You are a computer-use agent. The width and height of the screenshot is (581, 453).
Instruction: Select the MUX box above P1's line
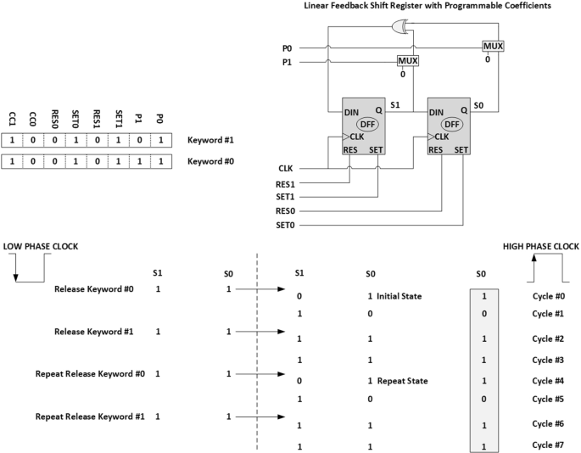[x=408, y=61]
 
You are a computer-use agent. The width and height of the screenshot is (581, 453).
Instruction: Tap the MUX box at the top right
[x=493, y=46]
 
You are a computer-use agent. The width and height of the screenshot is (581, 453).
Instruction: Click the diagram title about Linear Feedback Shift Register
[x=427, y=6]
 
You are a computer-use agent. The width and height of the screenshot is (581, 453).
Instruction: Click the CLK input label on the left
[x=286, y=169]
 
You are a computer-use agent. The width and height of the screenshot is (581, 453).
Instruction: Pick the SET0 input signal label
[x=288, y=226]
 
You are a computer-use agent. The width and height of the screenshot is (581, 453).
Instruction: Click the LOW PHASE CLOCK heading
[x=42, y=246]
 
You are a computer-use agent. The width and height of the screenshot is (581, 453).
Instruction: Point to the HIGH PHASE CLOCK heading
[x=539, y=246]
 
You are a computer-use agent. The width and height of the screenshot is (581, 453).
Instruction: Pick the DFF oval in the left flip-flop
[x=366, y=124]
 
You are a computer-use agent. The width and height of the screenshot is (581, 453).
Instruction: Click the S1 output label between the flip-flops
[x=394, y=104]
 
